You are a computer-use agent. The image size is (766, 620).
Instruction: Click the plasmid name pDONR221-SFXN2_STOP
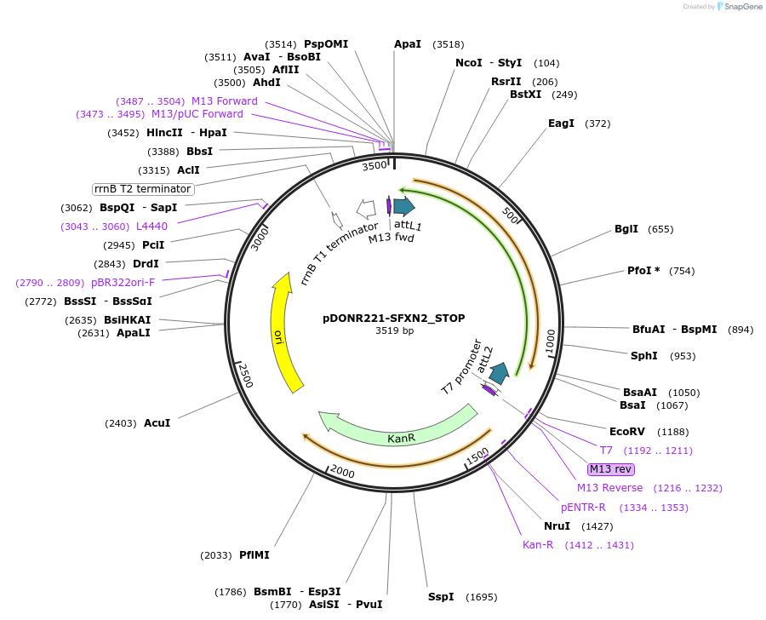click(393, 319)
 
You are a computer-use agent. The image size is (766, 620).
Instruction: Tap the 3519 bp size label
click(394, 331)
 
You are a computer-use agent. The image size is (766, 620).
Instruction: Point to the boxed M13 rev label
click(611, 469)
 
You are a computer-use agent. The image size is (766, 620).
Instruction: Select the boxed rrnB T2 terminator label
click(143, 188)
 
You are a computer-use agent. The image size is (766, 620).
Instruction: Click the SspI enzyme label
click(441, 597)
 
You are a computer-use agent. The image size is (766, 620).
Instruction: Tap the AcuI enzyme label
click(157, 423)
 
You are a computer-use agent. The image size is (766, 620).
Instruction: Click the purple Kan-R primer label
click(538, 545)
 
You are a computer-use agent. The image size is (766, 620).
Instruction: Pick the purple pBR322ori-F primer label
click(123, 283)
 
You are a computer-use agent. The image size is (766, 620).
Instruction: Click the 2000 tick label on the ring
click(343, 472)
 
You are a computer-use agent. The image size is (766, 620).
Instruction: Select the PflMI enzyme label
click(254, 555)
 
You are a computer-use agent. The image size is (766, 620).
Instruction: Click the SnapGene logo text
click(743, 7)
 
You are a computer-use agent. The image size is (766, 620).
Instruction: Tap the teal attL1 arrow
click(403, 205)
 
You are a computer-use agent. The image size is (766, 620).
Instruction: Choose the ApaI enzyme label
click(407, 44)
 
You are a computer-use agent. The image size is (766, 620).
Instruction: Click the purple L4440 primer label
click(151, 227)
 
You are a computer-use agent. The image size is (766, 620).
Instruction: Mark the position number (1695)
click(481, 597)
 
